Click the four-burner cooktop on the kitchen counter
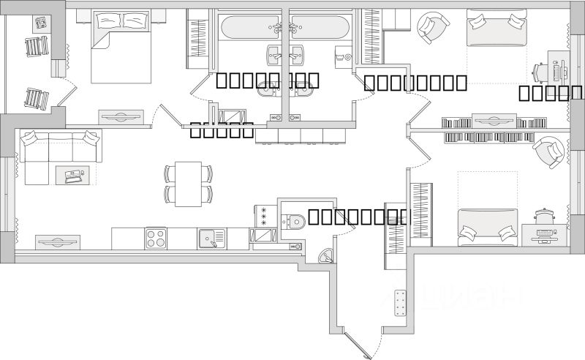click(156, 239)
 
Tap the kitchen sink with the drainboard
click(208, 239)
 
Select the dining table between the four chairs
click(189, 184)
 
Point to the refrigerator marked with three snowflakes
click(263, 216)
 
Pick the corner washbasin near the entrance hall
click(326, 255)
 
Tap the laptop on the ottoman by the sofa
click(74, 176)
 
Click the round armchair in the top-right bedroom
click(429, 28)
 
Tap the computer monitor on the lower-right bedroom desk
click(545, 231)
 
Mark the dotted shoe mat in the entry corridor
click(400, 302)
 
